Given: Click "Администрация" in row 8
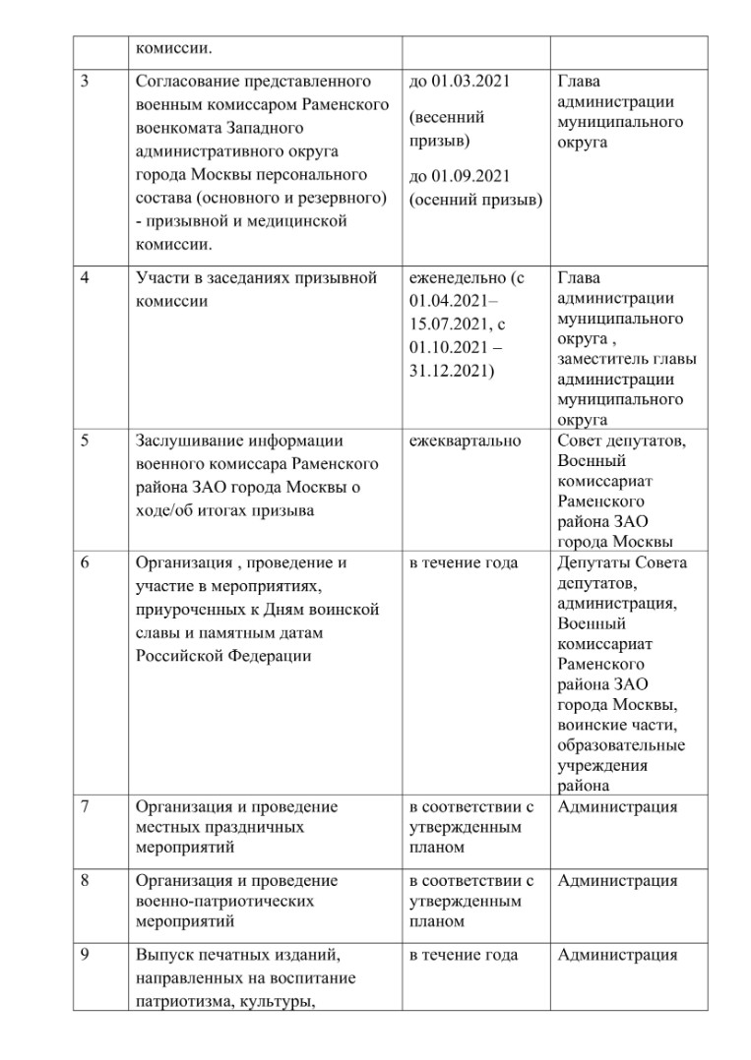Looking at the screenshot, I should pyautogui.click(x=617, y=881).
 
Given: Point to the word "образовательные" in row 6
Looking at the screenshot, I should pyautogui.click(x=621, y=744).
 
